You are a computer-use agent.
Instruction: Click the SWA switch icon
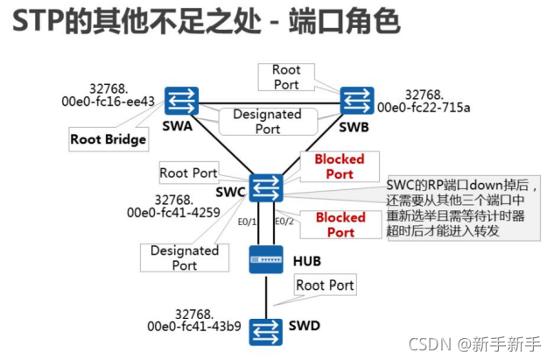tap(185, 99)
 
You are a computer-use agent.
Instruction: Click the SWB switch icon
tap(356, 98)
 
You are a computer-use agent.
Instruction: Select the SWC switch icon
tap(265, 187)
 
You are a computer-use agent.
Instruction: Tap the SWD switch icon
tap(264, 330)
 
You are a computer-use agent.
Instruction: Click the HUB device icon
tap(265, 257)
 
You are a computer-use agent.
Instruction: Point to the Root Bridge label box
tap(109, 138)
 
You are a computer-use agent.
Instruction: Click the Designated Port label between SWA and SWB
tap(267, 121)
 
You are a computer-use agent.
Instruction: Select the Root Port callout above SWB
tap(285, 77)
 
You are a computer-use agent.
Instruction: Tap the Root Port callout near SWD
tap(325, 285)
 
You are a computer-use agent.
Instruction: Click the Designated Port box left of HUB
tap(184, 258)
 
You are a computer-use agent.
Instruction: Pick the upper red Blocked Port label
tap(340, 166)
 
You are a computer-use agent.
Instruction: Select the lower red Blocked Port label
tap(340, 224)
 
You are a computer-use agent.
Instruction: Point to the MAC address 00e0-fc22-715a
tap(424, 108)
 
